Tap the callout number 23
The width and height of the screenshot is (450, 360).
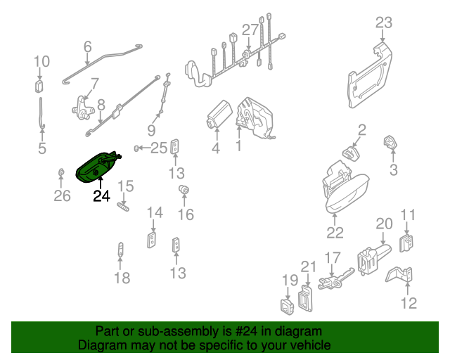(x=383, y=23)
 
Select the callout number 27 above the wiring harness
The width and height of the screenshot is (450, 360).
(x=251, y=30)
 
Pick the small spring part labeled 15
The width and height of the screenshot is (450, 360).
(x=125, y=205)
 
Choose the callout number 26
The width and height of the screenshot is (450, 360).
(x=63, y=195)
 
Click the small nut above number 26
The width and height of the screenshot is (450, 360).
(x=62, y=173)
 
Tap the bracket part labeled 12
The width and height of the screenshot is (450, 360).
(x=401, y=275)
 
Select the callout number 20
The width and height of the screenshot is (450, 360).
(x=383, y=224)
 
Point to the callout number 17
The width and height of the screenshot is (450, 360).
(x=333, y=257)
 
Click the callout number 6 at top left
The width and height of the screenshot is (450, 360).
(x=88, y=47)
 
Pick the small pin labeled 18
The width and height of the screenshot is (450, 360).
(x=121, y=250)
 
